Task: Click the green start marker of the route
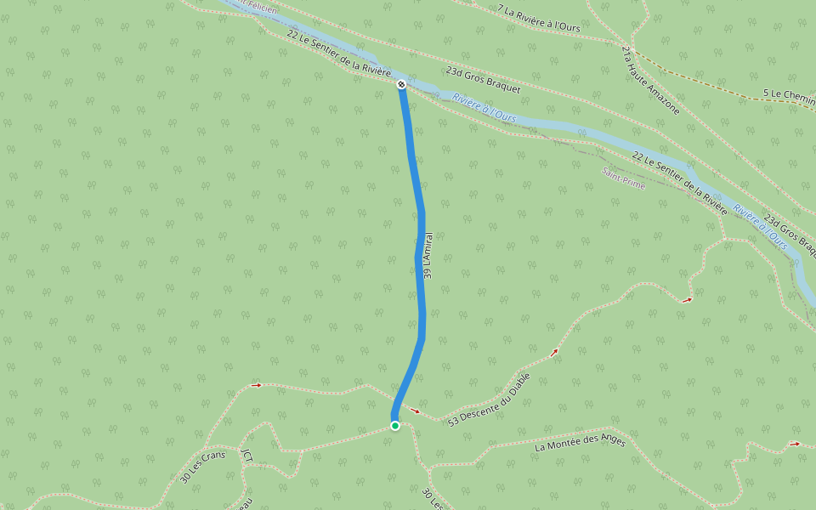point(395,426)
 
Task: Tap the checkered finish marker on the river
point(401,84)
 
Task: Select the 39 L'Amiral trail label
point(428,256)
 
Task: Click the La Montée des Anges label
point(581,443)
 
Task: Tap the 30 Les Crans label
point(197,467)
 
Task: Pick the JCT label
point(246,458)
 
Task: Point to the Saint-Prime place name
point(623,178)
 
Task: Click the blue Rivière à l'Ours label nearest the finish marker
point(484,112)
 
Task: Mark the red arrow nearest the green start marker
point(416,411)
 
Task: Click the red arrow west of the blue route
point(257,385)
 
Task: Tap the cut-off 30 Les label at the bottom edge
point(433,498)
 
